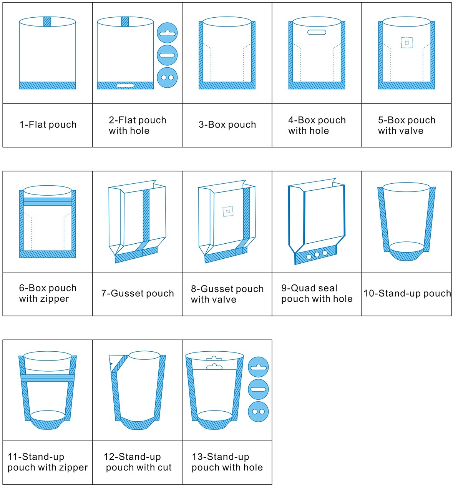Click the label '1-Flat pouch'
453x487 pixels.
point(48,125)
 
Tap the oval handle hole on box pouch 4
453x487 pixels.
point(317,33)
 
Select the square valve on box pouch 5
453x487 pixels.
point(407,43)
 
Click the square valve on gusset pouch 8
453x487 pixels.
point(228,211)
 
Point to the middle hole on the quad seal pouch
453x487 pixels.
point(317,254)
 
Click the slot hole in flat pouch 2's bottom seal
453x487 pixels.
point(125,85)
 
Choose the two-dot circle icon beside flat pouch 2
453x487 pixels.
point(167,77)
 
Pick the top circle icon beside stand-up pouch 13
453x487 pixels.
point(258,367)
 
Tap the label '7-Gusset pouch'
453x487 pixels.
point(138,294)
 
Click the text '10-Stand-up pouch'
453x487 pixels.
point(407,294)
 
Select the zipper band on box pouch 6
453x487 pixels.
point(48,201)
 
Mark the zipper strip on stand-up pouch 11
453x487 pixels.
point(48,378)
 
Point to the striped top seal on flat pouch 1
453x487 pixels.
point(47,22)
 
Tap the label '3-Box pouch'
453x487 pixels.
point(227,125)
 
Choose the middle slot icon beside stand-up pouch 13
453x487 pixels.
point(258,389)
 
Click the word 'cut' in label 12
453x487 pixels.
point(164,467)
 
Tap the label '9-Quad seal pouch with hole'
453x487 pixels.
point(317,294)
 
